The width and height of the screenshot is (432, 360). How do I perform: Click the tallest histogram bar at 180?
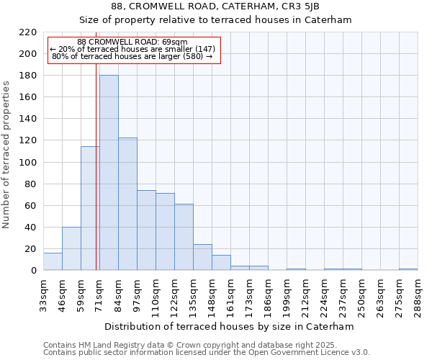point(109,173)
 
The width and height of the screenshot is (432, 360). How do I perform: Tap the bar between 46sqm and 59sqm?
point(71,249)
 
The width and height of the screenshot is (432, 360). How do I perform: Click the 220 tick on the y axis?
point(28,32)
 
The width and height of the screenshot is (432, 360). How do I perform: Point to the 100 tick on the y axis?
point(28,162)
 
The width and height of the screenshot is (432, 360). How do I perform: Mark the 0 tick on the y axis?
point(33,271)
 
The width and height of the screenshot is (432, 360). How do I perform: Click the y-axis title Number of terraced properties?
point(6,155)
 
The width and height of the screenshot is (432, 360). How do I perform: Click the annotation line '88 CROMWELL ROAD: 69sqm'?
point(132,42)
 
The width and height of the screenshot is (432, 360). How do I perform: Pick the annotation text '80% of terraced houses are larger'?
point(132,56)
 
